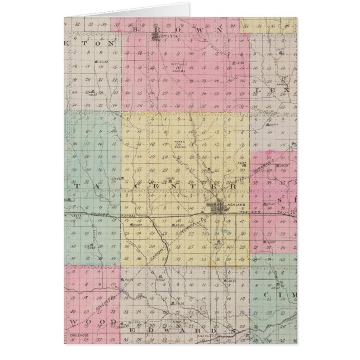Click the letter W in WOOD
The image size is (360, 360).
(76, 323)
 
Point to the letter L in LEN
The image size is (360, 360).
(259, 90)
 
